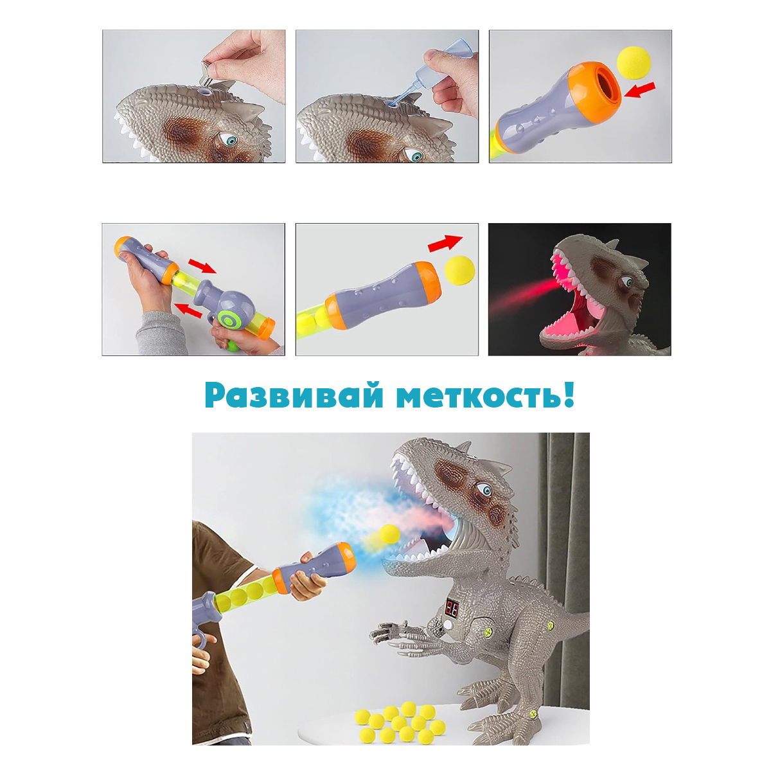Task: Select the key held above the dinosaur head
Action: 211,74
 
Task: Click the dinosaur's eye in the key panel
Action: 230,140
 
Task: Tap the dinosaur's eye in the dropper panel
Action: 416,156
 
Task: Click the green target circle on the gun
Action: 230,320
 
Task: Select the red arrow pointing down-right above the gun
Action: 202,265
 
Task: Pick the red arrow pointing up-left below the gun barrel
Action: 188,309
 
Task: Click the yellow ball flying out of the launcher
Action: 460,270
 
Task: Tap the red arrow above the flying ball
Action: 445,243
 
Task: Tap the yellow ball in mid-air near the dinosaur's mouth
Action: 390,534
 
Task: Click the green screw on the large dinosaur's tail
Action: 551,625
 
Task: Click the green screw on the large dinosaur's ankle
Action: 533,714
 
